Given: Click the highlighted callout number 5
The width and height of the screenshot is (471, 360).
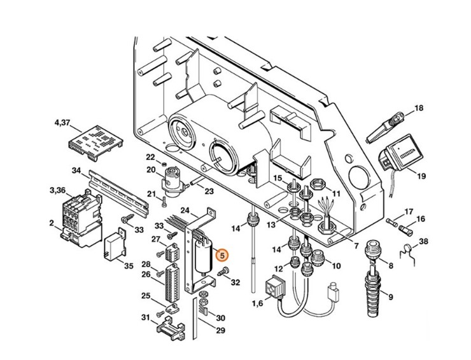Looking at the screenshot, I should (x=221, y=256).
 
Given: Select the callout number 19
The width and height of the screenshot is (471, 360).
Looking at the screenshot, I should (x=422, y=175).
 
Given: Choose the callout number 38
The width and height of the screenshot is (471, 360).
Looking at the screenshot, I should (x=424, y=241).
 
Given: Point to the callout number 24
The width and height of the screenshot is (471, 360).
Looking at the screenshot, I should (x=186, y=210).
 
